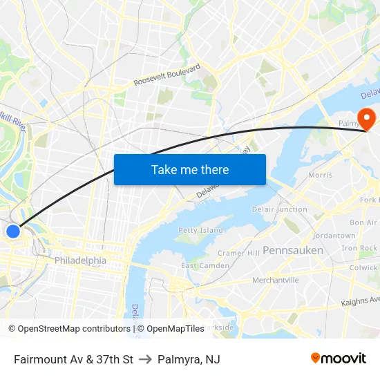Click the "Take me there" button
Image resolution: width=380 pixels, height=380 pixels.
[190, 169]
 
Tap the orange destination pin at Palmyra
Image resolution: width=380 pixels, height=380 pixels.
[365, 116]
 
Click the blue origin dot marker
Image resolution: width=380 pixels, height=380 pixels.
[13, 231]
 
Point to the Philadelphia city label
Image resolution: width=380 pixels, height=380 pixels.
[80, 260]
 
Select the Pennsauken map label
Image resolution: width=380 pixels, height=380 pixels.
[293, 250]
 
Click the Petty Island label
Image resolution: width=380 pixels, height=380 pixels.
[201, 230]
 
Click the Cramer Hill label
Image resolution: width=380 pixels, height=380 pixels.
[239, 253]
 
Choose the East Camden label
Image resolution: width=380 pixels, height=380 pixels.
[205, 266]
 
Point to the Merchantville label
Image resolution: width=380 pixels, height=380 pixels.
[275, 280]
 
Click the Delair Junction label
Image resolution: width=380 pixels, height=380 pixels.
[280, 209]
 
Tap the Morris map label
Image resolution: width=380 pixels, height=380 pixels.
[320, 175]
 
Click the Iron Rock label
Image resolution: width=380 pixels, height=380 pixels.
[359, 248]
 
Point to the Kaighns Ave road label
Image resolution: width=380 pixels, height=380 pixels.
[361, 301]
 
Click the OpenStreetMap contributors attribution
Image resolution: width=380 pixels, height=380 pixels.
[69, 329]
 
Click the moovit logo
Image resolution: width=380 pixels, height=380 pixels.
[338, 358]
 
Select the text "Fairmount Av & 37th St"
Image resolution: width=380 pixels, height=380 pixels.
[73, 359]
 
